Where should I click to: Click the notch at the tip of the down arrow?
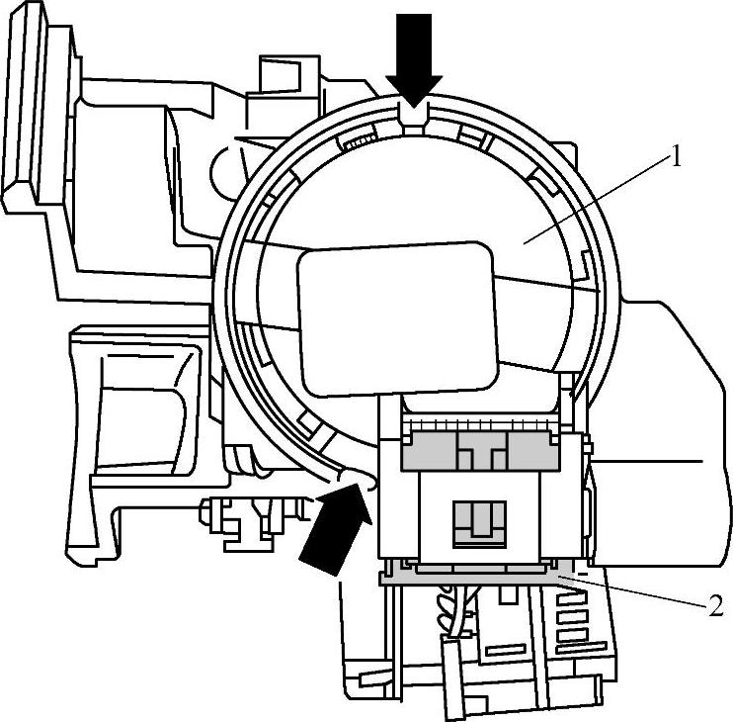(413, 116)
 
